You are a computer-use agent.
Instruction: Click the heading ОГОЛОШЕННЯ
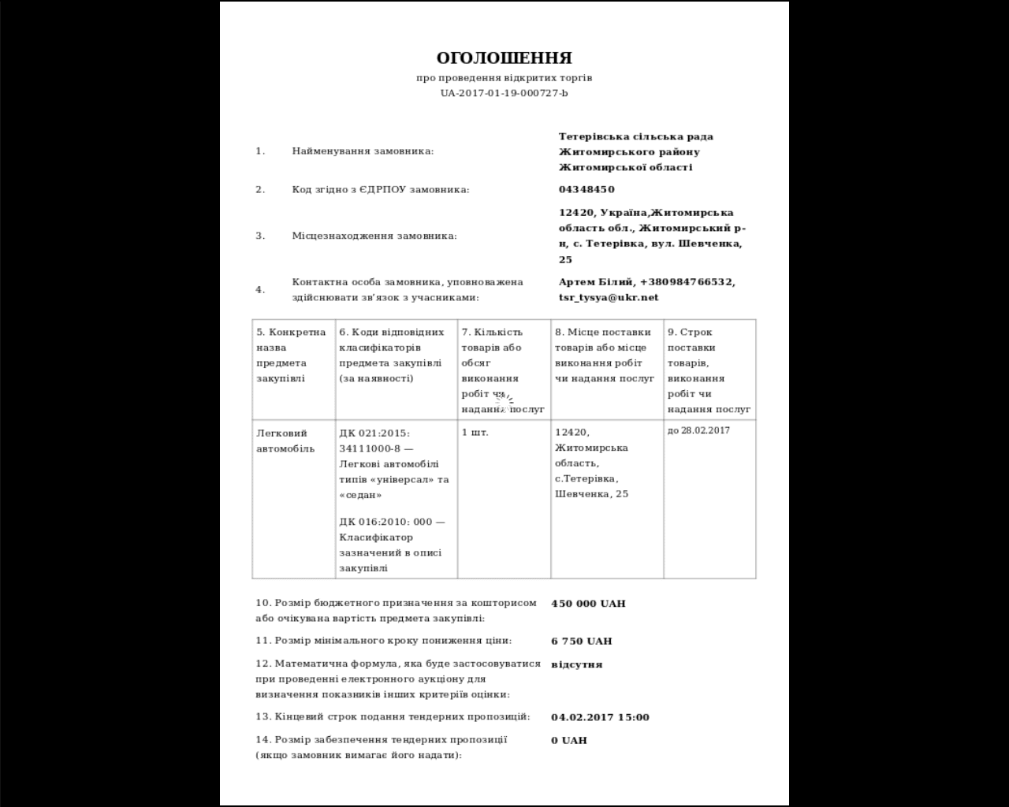(x=504, y=58)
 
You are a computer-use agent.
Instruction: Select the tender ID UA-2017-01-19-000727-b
(x=504, y=93)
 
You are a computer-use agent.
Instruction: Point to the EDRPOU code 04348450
(x=586, y=189)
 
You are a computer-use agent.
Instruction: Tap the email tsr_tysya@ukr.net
(x=608, y=297)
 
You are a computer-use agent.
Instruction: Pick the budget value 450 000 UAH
(x=588, y=604)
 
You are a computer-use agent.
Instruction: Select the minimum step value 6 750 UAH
(x=581, y=642)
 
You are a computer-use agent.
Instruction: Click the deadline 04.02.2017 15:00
(x=600, y=717)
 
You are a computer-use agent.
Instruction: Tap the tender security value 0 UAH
(x=568, y=740)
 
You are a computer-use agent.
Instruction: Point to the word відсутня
(x=576, y=664)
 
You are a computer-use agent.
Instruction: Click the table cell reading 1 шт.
(x=475, y=433)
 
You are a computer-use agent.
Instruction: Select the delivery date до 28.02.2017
(x=698, y=431)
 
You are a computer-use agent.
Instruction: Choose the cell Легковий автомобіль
(x=285, y=441)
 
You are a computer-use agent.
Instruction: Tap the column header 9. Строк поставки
(x=691, y=340)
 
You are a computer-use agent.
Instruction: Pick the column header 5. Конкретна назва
(x=291, y=340)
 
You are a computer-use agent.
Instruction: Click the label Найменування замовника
(x=363, y=151)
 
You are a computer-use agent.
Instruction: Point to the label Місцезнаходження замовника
(x=374, y=236)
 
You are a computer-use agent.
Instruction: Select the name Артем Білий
(x=596, y=282)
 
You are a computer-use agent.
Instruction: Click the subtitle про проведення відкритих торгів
(x=504, y=78)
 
